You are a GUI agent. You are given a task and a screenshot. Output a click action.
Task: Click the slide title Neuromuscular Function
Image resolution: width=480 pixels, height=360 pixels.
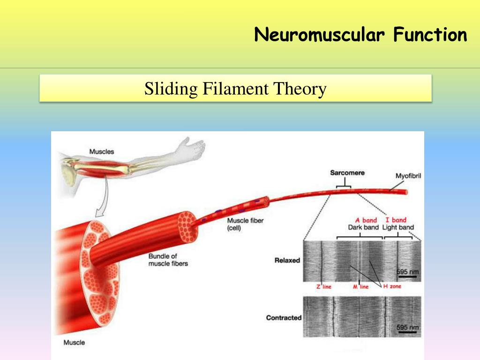360,35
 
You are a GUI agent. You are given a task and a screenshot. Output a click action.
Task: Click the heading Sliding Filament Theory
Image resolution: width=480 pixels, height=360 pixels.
235,88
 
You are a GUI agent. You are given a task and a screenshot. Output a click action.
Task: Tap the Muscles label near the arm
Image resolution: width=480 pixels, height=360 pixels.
101,151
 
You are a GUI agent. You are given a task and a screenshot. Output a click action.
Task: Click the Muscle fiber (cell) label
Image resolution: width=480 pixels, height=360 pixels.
245,224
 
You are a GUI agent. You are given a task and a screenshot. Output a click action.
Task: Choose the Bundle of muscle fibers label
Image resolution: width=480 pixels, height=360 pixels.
168,260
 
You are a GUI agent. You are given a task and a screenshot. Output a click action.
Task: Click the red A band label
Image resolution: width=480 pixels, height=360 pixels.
367,220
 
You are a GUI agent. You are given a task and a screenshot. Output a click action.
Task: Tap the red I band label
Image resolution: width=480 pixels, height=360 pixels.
396,220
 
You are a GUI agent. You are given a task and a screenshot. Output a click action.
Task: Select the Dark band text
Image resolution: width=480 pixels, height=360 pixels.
363,227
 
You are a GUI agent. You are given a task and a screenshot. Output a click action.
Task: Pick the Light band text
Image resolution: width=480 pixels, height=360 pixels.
398,227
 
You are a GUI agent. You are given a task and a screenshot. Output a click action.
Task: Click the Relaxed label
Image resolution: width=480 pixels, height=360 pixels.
287,260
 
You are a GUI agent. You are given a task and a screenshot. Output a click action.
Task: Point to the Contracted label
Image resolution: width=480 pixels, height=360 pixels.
284,318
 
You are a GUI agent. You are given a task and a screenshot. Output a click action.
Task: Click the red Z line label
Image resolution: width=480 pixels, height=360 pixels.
323,286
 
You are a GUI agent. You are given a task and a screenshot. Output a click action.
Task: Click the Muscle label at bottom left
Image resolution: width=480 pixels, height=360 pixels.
74,343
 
